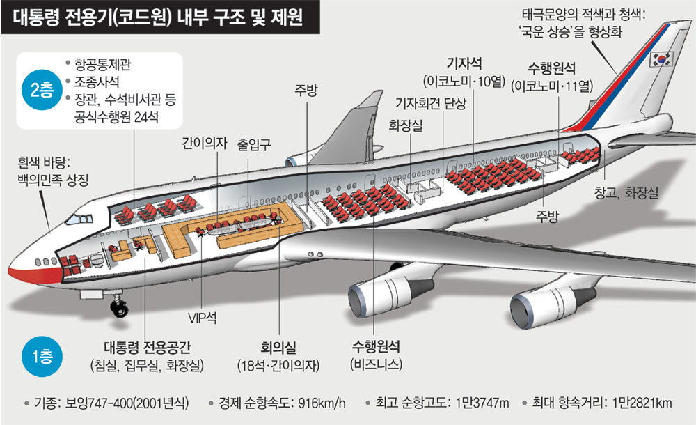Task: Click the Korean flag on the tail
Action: [660, 59]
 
